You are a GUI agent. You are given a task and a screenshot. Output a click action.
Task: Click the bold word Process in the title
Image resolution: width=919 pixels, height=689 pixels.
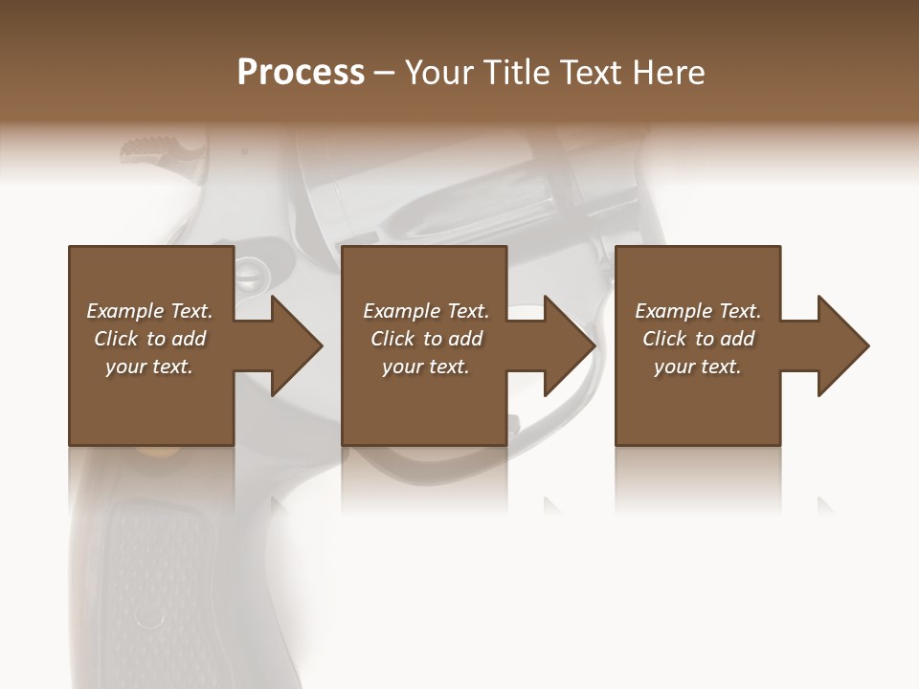[301, 73]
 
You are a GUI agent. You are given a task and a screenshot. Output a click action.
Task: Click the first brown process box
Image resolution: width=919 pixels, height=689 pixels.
[151, 402]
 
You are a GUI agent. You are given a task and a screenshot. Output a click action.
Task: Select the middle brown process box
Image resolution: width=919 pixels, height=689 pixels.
[424, 402]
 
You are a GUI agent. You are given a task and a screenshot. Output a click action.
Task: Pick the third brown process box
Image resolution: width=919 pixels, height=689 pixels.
[697, 402]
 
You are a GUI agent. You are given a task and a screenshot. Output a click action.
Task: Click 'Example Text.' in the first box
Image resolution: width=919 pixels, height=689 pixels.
[149, 311]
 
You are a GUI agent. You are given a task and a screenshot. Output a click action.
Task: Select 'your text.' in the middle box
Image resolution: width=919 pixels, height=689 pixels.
[425, 367]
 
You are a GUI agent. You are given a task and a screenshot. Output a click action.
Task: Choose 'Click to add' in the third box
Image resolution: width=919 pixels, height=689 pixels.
[698, 339]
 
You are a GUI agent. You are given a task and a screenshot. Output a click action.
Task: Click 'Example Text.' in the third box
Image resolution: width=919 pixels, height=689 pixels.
[698, 311]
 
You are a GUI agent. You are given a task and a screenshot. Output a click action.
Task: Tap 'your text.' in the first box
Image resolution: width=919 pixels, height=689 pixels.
[149, 367]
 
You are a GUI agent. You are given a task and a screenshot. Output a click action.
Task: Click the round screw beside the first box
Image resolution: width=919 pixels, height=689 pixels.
[247, 275]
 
